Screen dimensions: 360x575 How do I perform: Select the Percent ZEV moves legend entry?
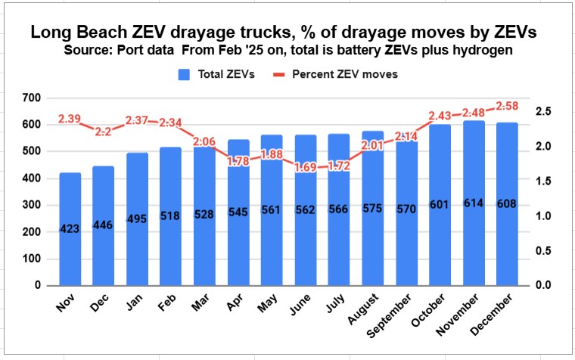[x=343, y=74]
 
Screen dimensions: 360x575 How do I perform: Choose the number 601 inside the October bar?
[x=440, y=206]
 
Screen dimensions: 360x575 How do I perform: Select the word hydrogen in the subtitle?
[x=470, y=51]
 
